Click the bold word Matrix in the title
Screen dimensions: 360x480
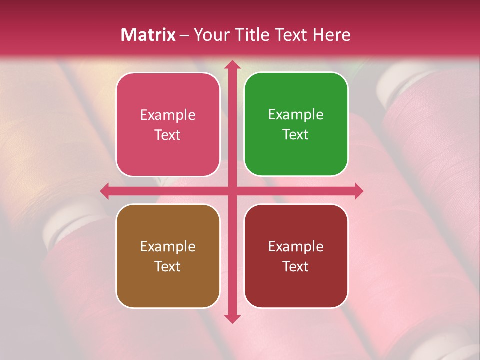click(148, 35)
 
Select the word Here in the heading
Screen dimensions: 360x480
click(332, 35)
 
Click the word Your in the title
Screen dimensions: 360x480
click(210, 35)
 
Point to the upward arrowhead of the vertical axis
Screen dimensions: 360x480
click(232, 65)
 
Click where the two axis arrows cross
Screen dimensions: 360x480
click(232, 191)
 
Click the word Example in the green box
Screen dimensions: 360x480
click(296, 114)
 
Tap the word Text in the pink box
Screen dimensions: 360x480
click(168, 135)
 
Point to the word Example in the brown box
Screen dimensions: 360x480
click(168, 246)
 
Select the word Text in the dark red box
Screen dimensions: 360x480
click(296, 266)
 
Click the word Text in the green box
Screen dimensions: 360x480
click(296, 134)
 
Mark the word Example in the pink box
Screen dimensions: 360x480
click(168, 115)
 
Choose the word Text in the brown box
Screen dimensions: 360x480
click(168, 266)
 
